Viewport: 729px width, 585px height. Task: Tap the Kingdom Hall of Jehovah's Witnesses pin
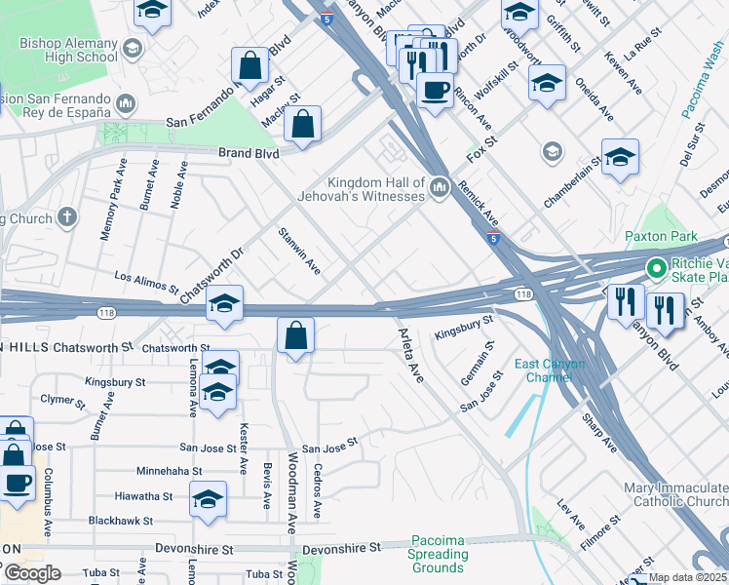click(439, 185)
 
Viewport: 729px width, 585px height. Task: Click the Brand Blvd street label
click(249, 153)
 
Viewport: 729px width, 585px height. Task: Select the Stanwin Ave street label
click(299, 250)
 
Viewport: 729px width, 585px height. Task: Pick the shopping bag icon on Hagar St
click(250, 66)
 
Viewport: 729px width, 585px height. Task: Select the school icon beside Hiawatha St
click(209, 498)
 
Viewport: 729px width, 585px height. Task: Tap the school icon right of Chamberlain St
click(620, 157)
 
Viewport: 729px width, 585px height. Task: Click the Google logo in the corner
click(31, 573)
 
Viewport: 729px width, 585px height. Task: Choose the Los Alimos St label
click(146, 282)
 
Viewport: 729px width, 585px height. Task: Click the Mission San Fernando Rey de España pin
click(126, 103)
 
